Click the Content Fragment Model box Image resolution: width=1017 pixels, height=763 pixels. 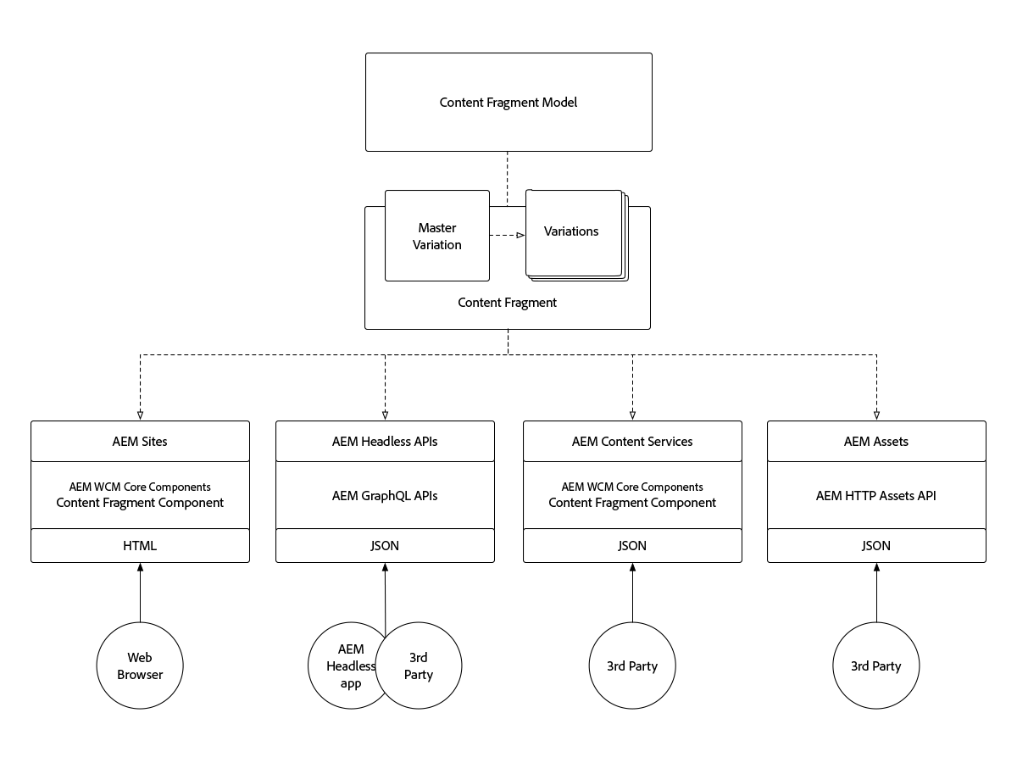[x=508, y=103]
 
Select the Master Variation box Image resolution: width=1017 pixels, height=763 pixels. [x=437, y=236]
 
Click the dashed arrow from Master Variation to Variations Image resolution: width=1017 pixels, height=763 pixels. [x=507, y=236]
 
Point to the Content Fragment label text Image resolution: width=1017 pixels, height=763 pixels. [x=507, y=303]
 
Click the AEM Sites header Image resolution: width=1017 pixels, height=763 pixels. [x=140, y=441]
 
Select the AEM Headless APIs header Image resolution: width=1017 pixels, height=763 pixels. [x=385, y=441]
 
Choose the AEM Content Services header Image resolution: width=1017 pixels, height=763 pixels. [x=632, y=441]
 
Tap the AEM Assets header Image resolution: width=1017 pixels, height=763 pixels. [x=876, y=441]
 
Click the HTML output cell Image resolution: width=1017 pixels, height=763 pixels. [x=140, y=545]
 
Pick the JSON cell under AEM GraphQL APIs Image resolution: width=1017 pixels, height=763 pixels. [x=385, y=545]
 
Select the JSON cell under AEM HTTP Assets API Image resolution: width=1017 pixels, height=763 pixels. [x=876, y=545]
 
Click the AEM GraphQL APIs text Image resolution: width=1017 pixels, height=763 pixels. [x=385, y=495]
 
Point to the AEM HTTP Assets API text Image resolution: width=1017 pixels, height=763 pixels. [x=876, y=495]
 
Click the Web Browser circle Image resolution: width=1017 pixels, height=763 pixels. [x=140, y=666]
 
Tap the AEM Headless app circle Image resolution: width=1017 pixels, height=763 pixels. [x=342, y=666]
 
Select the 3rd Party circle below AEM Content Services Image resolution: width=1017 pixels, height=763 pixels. [x=632, y=666]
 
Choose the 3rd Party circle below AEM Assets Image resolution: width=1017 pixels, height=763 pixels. [x=876, y=666]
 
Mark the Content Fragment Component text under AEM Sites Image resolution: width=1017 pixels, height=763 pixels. [x=140, y=503]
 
